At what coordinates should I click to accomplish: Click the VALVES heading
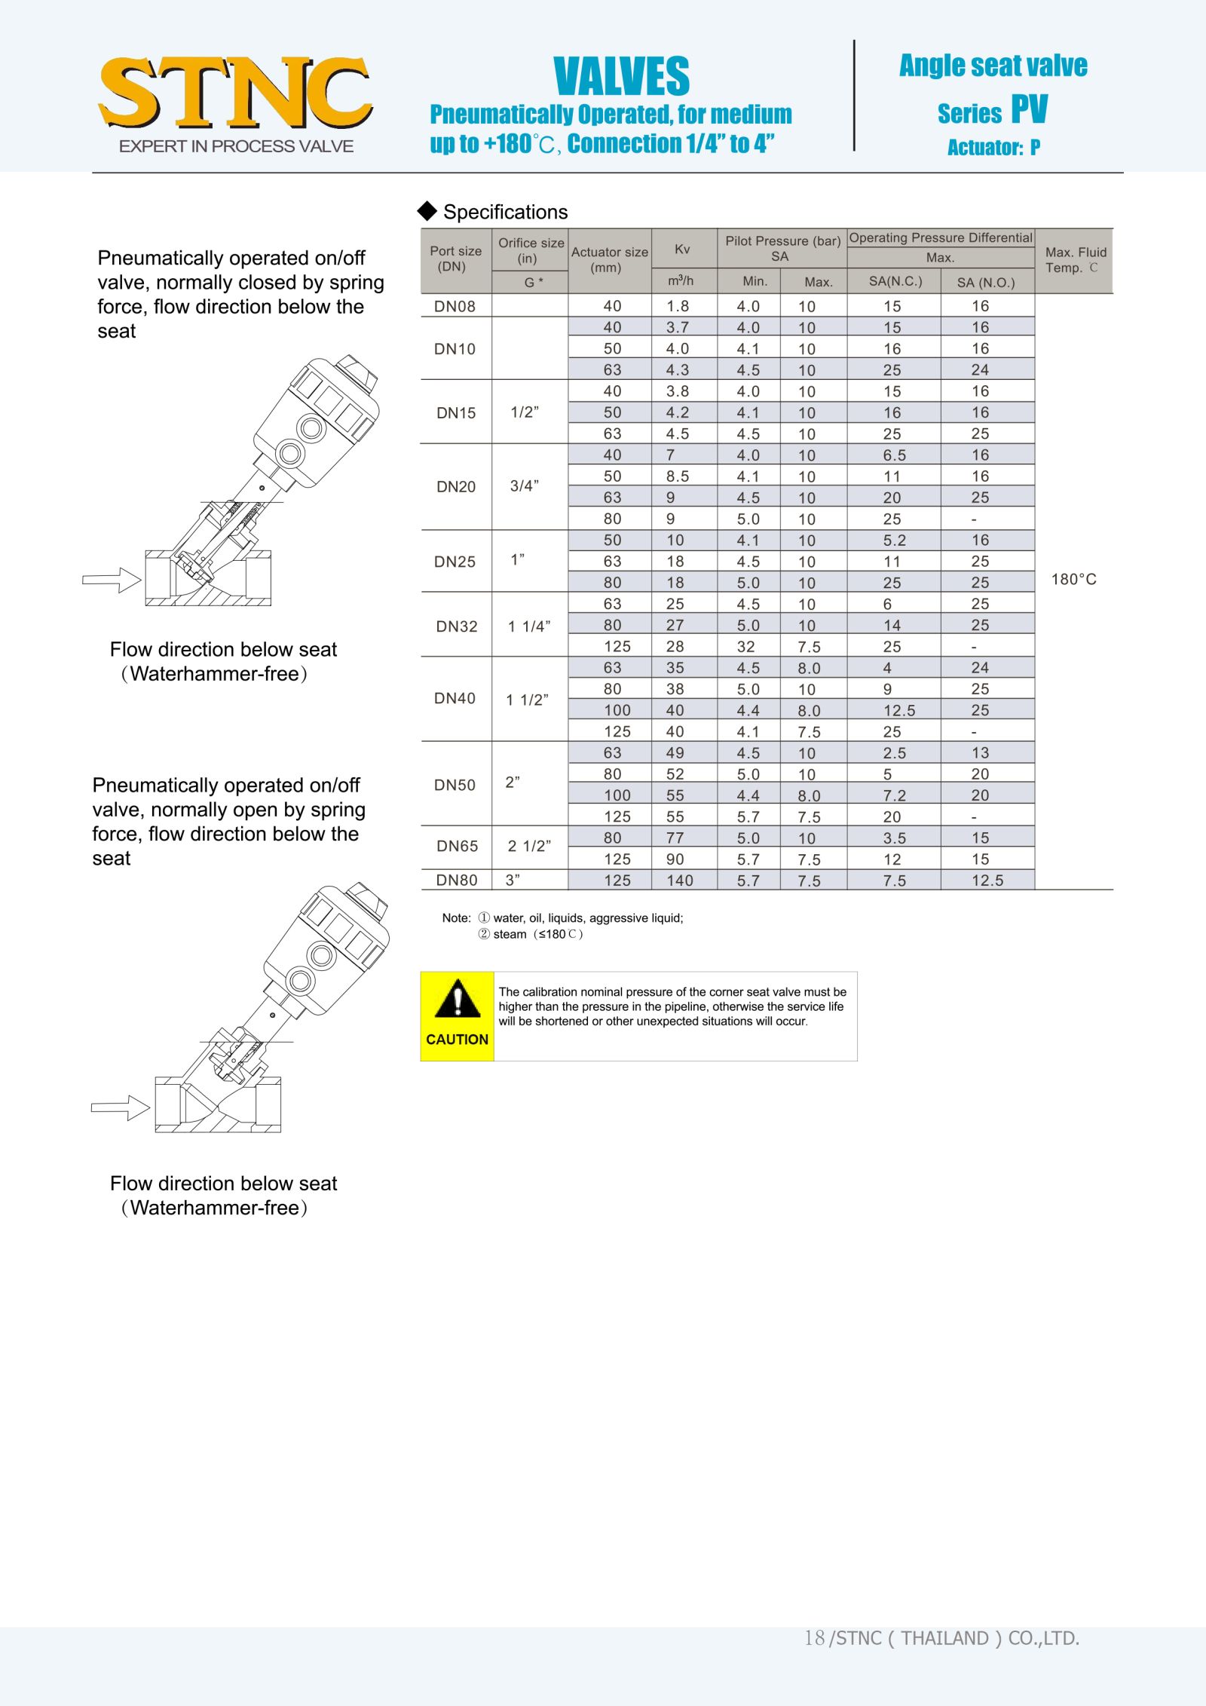621,76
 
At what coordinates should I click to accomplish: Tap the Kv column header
682,249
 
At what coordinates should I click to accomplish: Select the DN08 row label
455,306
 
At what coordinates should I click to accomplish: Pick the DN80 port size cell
456,880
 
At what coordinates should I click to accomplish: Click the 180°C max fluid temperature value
1073,579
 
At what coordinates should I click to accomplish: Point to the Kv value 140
679,881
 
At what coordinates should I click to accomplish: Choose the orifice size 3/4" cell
525,486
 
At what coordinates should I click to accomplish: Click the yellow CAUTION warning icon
457,1015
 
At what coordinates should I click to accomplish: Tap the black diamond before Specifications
427,211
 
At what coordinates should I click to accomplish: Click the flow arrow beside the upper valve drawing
112,580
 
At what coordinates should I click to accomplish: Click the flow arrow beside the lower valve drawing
121,1107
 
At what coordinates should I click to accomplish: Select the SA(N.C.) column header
895,281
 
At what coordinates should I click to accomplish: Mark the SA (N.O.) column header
985,283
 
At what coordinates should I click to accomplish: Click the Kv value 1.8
678,306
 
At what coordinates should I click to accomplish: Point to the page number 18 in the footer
814,1638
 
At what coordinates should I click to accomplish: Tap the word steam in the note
510,935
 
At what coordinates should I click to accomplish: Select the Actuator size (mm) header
609,259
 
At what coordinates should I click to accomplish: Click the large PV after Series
1029,109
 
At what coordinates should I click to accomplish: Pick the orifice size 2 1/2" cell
529,847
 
